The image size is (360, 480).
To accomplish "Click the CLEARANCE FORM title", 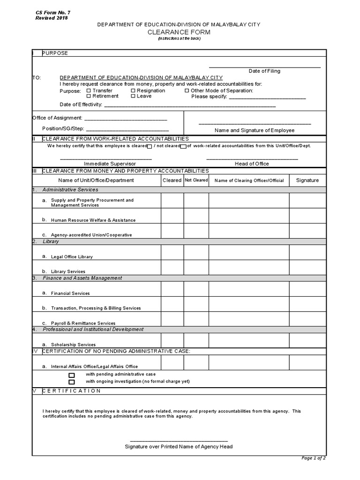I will [179, 32].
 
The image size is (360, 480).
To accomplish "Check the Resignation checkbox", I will [133, 90].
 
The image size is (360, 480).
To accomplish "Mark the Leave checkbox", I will [133, 96].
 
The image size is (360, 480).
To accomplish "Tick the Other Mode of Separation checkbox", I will [187, 90].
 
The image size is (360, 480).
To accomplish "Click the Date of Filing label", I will [264, 71].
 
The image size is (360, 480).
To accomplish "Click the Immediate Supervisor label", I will [110, 164].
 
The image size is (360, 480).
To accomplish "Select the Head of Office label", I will [252, 164].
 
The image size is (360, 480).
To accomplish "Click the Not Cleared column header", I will [196, 180].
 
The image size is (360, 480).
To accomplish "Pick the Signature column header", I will [307, 180].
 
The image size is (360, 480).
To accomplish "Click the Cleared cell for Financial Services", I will [172, 289].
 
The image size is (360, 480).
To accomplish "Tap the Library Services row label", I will [68, 271].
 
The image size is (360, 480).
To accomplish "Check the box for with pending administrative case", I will [72, 375].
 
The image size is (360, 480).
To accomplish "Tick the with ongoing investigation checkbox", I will [72, 382].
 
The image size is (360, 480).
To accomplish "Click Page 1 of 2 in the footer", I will [314, 458].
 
